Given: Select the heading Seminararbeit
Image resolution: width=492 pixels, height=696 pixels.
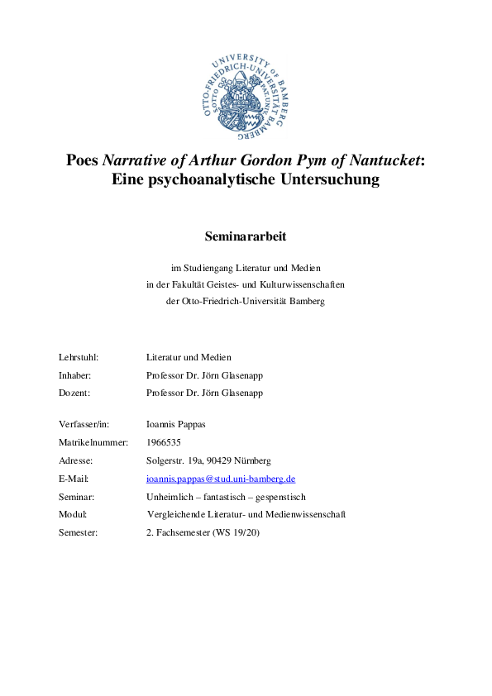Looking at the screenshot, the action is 246,236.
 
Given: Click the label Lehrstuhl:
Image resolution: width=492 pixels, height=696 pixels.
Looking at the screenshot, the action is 79,358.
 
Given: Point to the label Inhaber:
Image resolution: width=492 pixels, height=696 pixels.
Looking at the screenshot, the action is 75,375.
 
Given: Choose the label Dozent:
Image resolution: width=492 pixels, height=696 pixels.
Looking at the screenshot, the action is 74,393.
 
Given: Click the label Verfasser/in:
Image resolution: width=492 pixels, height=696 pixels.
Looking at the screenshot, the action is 84,425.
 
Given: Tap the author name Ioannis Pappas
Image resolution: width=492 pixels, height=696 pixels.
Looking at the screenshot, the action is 175,425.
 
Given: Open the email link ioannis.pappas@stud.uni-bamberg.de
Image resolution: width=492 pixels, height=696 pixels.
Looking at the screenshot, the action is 221,479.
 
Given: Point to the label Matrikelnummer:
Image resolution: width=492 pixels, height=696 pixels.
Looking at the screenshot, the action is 93,443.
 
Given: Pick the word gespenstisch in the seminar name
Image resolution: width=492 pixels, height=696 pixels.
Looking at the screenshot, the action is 278,497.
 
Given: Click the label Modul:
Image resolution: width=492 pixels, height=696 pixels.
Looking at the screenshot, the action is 73,514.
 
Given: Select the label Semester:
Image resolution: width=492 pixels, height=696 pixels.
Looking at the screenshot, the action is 78,532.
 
